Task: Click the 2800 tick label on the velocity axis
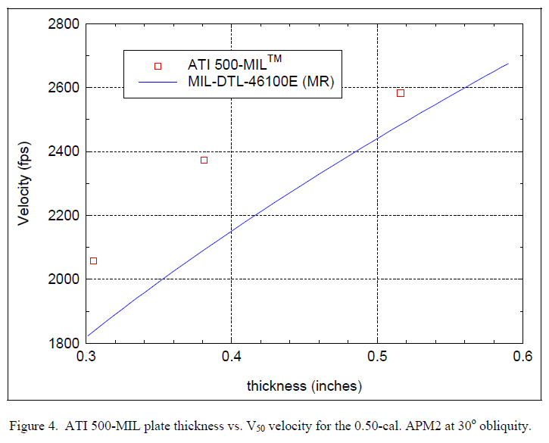pyautogui.click(x=63, y=24)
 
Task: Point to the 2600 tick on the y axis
pyautogui.click(x=63, y=88)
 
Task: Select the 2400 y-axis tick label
pyautogui.click(x=63, y=151)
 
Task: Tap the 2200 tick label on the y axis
pyautogui.click(x=63, y=216)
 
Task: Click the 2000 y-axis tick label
pyautogui.click(x=63, y=279)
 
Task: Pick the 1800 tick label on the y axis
pyautogui.click(x=63, y=343)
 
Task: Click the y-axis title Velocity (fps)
pyautogui.click(x=26, y=185)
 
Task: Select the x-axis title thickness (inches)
pyautogui.click(x=304, y=385)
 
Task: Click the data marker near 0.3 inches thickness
pyautogui.click(x=94, y=260)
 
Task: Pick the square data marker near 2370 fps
pyautogui.click(x=204, y=160)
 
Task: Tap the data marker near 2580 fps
pyautogui.click(x=401, y=93)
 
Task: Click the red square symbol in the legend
pyautogui.click(x=158, y=66)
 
